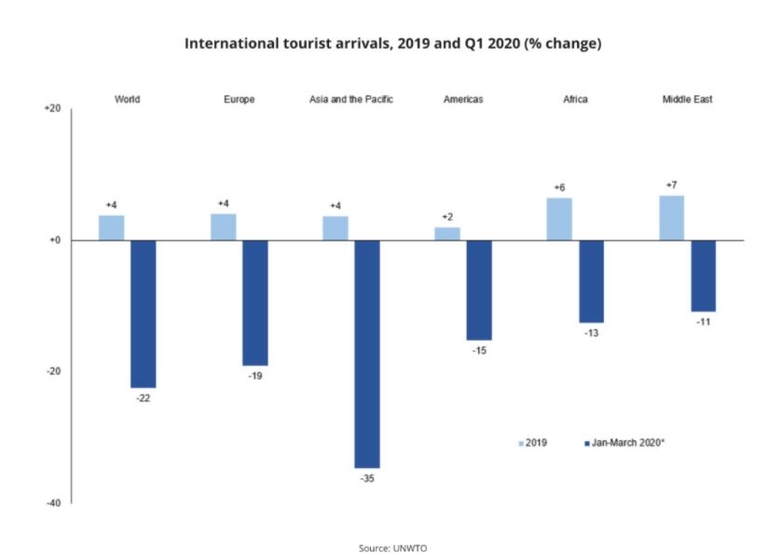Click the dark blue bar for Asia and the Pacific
click(x=366, y=354)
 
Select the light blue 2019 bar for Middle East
click(x=671, y=217)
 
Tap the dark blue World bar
click(x=143, y=313)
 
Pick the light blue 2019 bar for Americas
click(x=447, y=233)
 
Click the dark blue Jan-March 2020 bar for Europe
click(x=254, y=302)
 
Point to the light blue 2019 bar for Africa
click(x=559, y=219)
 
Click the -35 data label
click(x=367, y=479)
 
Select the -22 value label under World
click(x=143, y=398)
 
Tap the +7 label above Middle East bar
click(x=671, y=185)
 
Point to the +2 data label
click(x=447, y=216)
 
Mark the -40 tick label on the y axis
click(x=53, y=503)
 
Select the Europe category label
click(x=239, y=99)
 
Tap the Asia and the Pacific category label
click(x=351, y=99)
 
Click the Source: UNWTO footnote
click(x=391, y=548)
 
